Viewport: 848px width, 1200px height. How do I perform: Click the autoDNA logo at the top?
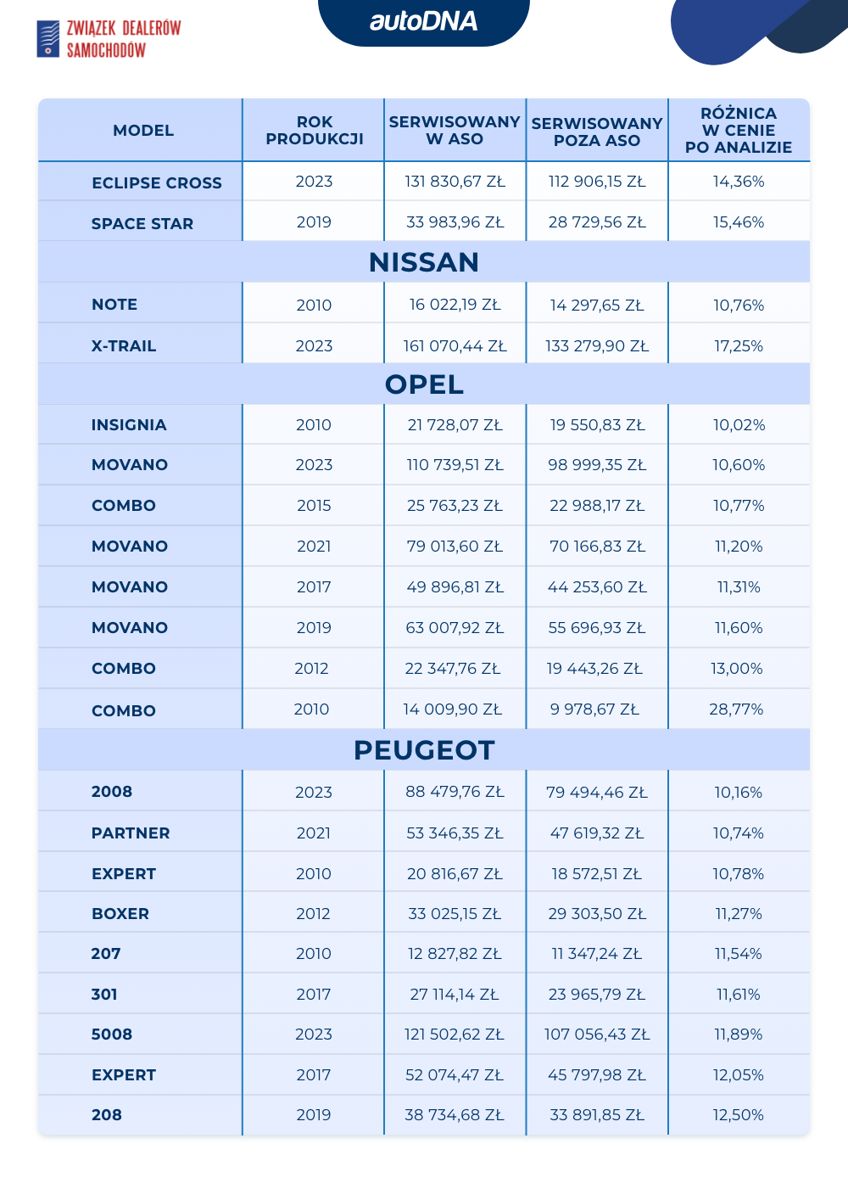click(423, 21)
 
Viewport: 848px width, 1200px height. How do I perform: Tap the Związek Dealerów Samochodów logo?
click(109, 39)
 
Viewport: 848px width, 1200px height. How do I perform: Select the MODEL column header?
click(143, 131)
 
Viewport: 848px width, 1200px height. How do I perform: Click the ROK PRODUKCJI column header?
click(314, 131)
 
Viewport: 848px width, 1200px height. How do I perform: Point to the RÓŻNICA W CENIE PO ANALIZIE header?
click(739, 131)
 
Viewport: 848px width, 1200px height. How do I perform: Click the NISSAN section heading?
click(424, 262)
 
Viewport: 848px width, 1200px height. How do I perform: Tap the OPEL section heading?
click(424, 384)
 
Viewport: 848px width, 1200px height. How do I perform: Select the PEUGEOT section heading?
click(424, 750)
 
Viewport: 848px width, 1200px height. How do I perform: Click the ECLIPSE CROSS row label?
click(157, 182)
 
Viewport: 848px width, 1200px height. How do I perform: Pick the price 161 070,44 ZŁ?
click(455, 346)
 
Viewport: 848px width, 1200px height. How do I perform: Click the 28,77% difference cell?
click(736, 709)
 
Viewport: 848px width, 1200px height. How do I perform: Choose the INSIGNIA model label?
click(129, 425)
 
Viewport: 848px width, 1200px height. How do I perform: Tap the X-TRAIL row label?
click(124, 346)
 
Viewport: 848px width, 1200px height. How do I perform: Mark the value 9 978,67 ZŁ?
click(594, 709)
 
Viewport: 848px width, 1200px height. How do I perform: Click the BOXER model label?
click(120, 914)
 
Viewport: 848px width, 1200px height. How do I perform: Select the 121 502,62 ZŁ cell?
click(455, 1035)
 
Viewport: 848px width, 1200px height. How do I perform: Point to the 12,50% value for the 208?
click(738, 1115)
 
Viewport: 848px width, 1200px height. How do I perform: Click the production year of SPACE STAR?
click(314, 222)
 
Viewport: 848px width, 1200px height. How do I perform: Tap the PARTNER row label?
click(131, 833)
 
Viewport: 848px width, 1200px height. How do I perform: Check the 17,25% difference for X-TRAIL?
click(738, 346)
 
